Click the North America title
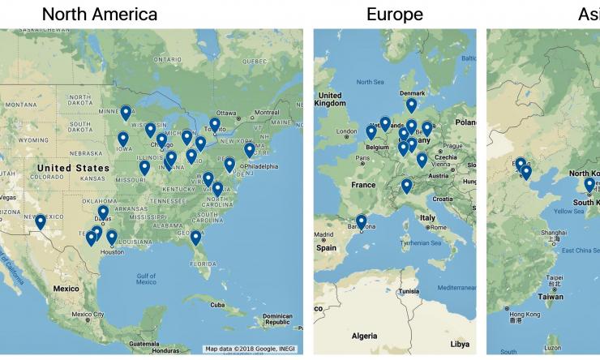coord(100,15)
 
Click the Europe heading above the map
coord(394,15)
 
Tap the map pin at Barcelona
coord(361,221)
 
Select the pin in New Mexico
coord(41,221)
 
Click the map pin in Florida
coord(195,238)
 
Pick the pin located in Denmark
coord(412,105)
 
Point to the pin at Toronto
coord(214,125)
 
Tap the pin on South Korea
coord(589,185)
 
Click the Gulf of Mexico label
coord(146,278)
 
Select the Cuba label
coord(216,306)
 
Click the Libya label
coord(460,344)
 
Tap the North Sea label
coord(370,82)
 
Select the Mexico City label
coord(87,315)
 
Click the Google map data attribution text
coord(251,349)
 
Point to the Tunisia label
coord(409,291)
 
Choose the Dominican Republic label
coord(276,319)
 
